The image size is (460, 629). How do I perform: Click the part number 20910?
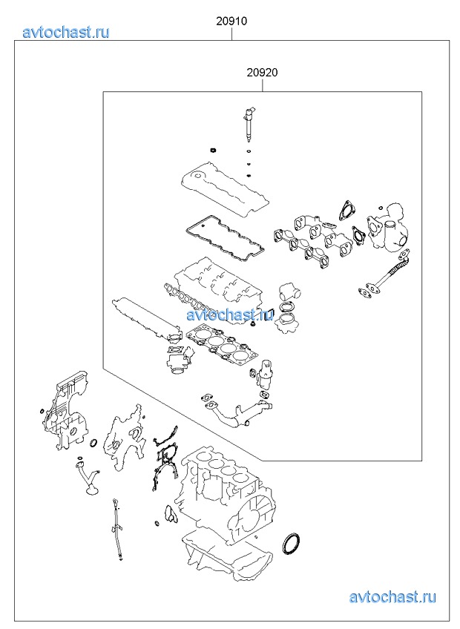[x=231, y=21]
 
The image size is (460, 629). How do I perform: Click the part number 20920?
[x=262, y=73]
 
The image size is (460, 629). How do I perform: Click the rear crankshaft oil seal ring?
[x=292, y=544]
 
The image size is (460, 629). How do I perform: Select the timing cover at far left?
[x=66, y=413]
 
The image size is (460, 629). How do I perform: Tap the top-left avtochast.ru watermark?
[x=66, y=32]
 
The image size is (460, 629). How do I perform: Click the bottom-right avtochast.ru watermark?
[x=392, y=597]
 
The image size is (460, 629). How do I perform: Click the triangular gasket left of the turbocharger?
[x=344, y=210]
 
